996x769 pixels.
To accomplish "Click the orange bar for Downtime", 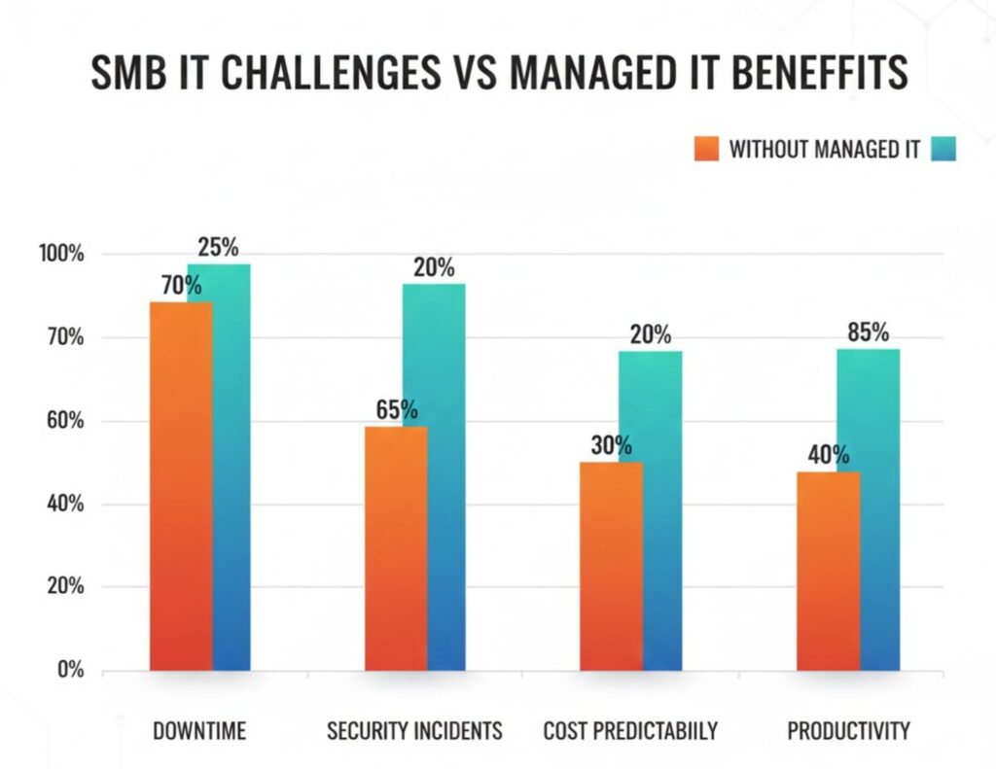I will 181,486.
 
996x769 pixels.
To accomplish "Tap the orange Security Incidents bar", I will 396,549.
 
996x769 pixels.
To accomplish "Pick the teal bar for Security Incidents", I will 435,476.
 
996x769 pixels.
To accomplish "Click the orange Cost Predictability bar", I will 611,566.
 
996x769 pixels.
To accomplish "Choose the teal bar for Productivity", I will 868,510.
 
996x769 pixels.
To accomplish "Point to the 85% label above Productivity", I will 868,333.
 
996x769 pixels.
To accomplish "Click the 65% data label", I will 397,410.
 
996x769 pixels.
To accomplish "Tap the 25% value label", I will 218,248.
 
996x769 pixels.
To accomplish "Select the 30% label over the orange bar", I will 611,445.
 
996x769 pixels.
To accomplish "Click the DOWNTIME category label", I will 199,731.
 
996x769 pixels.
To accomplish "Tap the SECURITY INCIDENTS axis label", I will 414,731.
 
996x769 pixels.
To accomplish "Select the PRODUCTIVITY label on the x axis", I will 848,731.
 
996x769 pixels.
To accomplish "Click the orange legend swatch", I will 707,149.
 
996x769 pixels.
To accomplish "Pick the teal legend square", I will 943,149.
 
